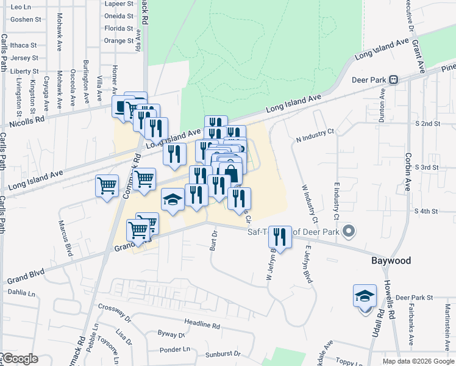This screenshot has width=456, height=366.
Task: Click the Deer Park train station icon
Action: pyautogui.click(x=394, y=79)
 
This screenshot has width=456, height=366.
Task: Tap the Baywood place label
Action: pyautogui.click(x=391, y=260)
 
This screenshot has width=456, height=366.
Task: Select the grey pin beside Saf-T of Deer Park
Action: pyautogui.click(x=349, y=231)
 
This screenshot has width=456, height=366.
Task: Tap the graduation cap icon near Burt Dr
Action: pyautogui.click(x=173, y=199)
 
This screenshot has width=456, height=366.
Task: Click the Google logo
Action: pyautogui.click(x=20, y=359)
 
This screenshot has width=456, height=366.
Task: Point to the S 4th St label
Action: pyautogui.click(x=427, y=211)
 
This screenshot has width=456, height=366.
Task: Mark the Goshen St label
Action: pyautogui.click(x=26, y=19)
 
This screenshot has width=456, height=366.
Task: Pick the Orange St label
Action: pyautogui.click(x=118, y=41)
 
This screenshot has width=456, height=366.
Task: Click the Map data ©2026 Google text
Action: pyautogui.click(x=418, y=361)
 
